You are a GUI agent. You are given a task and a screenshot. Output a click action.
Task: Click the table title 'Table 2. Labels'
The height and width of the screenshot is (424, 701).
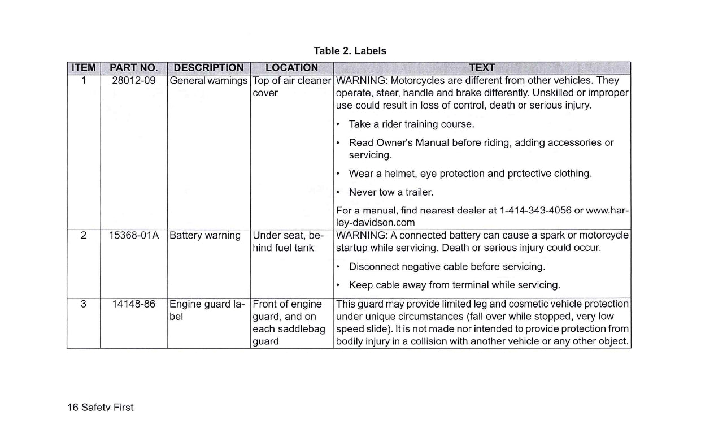pos(350,51)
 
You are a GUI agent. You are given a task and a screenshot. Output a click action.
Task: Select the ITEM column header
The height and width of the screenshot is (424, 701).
pos(84,68)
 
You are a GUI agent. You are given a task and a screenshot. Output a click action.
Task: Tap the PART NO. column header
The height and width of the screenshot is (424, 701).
pos(133,68)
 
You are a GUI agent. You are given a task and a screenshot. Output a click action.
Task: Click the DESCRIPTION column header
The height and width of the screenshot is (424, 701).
pos(208,68)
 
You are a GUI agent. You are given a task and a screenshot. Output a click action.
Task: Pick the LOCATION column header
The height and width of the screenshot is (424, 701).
pos(291,68)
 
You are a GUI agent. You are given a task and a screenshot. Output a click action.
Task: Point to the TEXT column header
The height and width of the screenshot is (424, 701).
pos(482,68)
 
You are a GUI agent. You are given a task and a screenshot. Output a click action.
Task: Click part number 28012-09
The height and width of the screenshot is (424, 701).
pos(133,81)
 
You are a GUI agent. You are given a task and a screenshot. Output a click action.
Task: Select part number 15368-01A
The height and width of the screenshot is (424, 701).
pos(133,236)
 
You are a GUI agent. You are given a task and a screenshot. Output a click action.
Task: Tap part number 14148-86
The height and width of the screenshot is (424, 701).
pos(133,304)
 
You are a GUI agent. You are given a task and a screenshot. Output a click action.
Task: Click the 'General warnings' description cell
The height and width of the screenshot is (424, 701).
pos(208,81)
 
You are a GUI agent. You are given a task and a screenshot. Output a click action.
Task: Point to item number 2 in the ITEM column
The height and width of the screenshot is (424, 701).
pos(84,236)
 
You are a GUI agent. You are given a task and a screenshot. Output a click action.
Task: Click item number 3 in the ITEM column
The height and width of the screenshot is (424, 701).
pos(84,304)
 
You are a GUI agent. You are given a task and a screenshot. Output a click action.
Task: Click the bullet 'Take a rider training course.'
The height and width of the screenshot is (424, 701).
pos(411,124)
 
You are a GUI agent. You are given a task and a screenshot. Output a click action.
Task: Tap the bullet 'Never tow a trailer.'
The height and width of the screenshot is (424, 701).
pos(391,192)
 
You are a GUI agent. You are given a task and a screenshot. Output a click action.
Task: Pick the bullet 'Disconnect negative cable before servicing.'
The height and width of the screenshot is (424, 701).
pos(447,266)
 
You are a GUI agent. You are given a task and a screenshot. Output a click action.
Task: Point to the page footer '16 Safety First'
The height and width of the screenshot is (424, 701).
pos(101,408)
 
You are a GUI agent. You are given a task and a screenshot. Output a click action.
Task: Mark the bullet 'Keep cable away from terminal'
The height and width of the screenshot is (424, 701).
pos(454,285)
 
